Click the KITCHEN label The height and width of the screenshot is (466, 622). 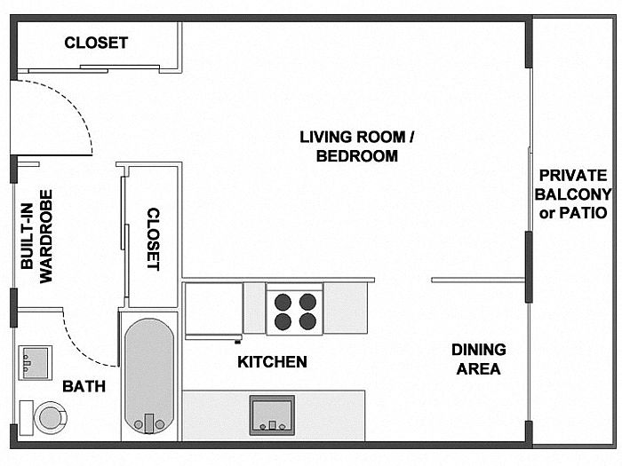point(272,362)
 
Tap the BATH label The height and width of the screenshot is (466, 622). point(84,386)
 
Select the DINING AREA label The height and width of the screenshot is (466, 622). point(479,359)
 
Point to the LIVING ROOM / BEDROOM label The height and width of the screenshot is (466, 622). point(357,146)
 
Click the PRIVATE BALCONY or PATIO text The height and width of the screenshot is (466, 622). point(573,194)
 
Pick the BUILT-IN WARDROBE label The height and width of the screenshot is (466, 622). point(36,237)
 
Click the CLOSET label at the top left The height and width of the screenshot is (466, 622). point(96,43)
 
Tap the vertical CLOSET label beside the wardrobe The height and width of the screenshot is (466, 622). point(154,239)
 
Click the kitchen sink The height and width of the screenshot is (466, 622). point(272,415)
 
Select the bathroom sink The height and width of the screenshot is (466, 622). point(35,362)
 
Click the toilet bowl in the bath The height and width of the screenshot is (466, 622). point(51,418)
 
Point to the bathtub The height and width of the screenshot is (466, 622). point(149,376)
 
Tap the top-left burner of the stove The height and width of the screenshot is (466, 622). point(283,303)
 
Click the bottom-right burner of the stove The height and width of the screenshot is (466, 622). point(307,321)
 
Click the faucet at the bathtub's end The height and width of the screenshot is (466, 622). point(149,423)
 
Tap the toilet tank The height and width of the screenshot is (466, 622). point(26,418)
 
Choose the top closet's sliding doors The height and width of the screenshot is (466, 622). point(93,69)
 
